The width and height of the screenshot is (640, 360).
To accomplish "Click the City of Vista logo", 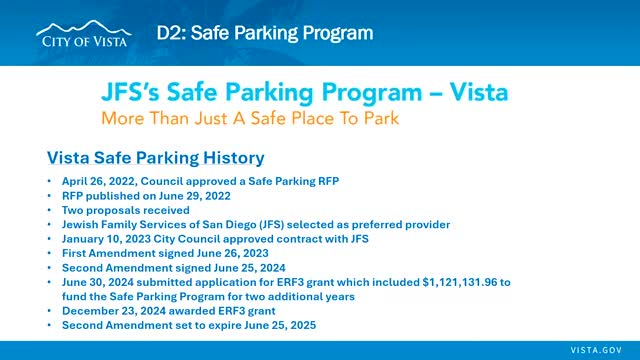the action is click(x=84, y=34).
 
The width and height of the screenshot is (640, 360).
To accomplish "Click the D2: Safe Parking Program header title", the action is click(x=265, y=33).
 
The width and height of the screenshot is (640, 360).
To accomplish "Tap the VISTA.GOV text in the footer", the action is click(x=596, y=350).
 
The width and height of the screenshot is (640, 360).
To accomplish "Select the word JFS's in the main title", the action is click(x=131, y=92).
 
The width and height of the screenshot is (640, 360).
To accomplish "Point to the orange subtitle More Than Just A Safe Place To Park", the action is click(x=250, y=118).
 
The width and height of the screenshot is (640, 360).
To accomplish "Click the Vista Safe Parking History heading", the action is click(x=156, y=158).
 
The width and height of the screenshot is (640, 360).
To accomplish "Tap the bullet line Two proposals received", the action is click(x=126, y=210).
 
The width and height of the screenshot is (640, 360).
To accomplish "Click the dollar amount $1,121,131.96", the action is click(x=460, y=282).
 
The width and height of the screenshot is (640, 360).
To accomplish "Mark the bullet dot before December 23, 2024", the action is click(x=49, y=311).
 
